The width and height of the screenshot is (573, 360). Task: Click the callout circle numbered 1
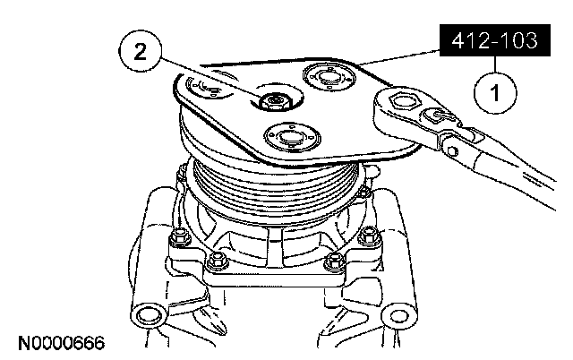point(495,92)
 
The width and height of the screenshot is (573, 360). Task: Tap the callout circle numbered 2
point(141,52)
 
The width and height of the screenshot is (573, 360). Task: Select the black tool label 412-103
point(495,40)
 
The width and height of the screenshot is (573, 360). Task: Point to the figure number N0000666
point(62,343)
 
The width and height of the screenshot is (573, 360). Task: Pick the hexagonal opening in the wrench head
point(402,100)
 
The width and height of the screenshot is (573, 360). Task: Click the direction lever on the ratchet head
point(440,116)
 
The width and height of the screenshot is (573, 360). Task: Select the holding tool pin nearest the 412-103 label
point(329,77)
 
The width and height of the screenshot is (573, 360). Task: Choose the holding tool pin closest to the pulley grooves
point(292,137)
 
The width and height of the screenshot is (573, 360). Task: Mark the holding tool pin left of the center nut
point(208,87)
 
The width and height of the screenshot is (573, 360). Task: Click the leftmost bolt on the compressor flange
point(179,236)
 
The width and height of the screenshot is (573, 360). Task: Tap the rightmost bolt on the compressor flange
point(369,236)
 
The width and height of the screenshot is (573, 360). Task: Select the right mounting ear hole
point(398,316)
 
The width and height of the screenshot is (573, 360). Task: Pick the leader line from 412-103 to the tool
point(398,56)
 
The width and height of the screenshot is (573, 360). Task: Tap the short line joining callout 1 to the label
point(495,64)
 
